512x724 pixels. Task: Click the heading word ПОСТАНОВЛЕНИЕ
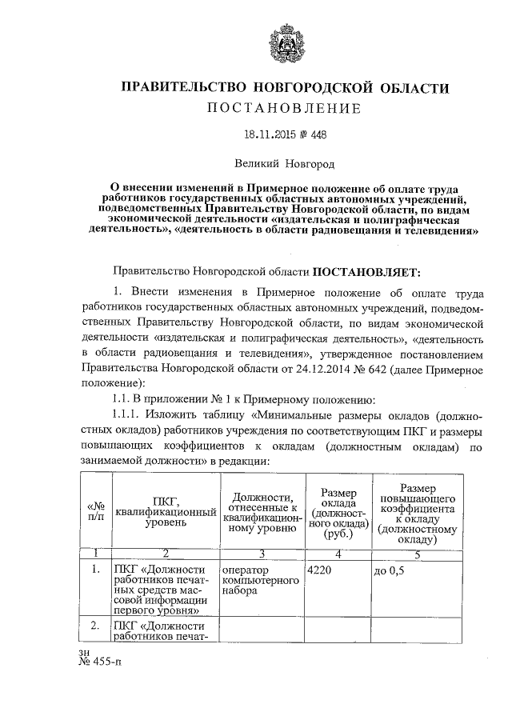pos(285,108)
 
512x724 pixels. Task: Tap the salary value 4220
pos(320,570)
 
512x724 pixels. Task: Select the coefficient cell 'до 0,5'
pos(390,570)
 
